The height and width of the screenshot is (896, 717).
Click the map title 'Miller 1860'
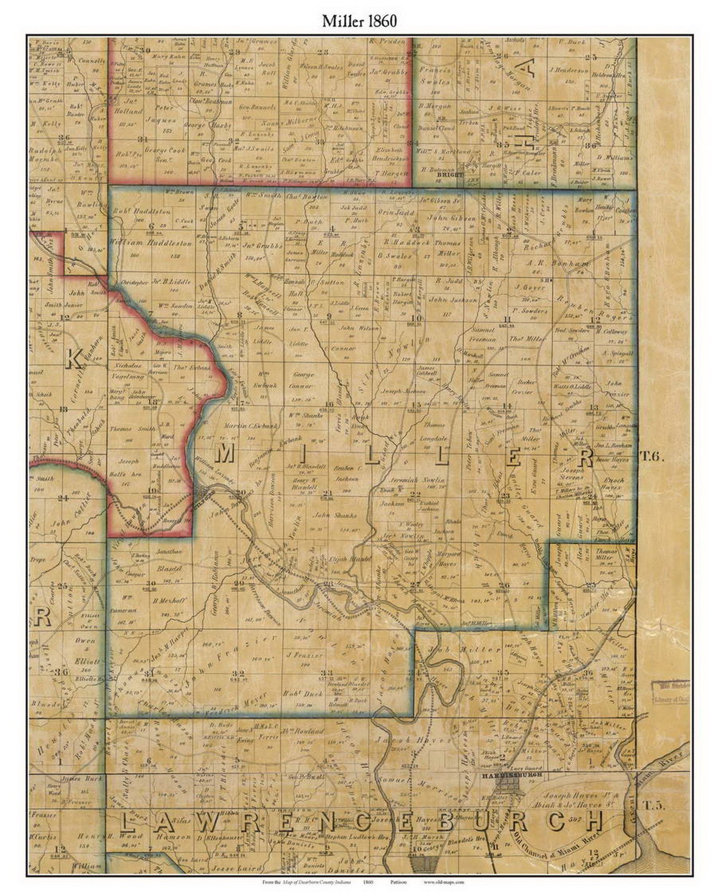pyautogui.click(x=359, y=21)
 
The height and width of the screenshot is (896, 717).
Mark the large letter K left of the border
pyautogui.click(x=73, y=360)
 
